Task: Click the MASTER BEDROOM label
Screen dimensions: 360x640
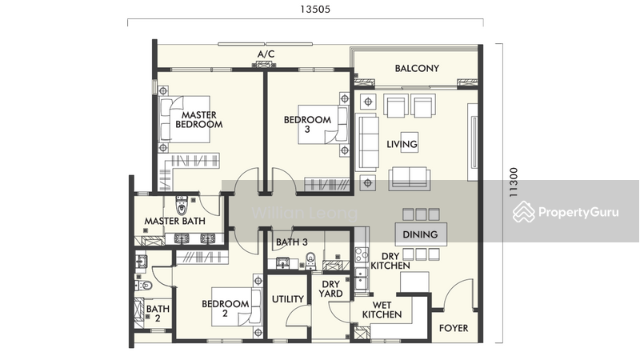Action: point(198,119)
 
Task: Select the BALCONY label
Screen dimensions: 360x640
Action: point(417,69)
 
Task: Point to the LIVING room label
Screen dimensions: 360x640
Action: point(402,145)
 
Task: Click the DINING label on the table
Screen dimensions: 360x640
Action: point(421,234)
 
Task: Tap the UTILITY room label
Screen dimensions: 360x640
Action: point(287,299)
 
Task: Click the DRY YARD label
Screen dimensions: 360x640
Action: point(332,289)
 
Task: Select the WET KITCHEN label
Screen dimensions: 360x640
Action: point(382,310)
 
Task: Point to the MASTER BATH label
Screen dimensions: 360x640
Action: point(174,222)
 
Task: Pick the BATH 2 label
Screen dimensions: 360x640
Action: point(158,314)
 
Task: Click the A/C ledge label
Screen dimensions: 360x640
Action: point(266,54)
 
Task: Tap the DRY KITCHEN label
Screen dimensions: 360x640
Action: point(390,261)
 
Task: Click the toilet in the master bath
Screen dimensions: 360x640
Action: point(182,203)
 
